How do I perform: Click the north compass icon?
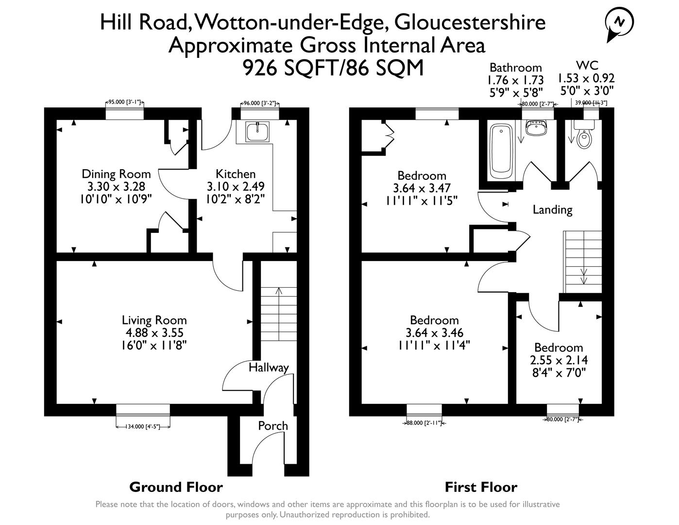pyautogui.click(x=619, y=22)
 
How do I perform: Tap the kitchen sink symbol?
pyautogui.click(x=256, y=131)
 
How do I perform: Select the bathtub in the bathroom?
pyautogui.click(x=501, y=151)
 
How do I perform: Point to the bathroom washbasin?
pyautogui.click(x=537, y=128)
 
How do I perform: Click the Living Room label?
pyautogui.click(x=154, y=320)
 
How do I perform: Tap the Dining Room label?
pyautogui.click(x=116, y=174)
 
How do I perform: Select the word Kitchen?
pyautogui.click(x=236, y=174)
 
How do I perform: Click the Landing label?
pyautogui.click(x=552, y=210)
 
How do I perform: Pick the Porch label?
pyautogui.click(x=272, y=426)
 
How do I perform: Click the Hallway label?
pyautogui.click(x=269, y=367)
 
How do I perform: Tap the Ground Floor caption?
pyautogui.click(x=176, y=487)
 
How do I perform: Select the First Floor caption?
pyautogui.click(x=481, y=487)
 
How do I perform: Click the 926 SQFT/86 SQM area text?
pyautogui.click(x=333, y=68)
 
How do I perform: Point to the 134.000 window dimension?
pyautogui.click(x=143, y=427)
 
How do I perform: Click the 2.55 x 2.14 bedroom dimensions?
pyautogui.click(x=558, y=360)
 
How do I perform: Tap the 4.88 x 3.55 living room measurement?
pyautogui.click(x=154, y=333)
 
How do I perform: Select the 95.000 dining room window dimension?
pyautogui.click(x=125, y=103)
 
